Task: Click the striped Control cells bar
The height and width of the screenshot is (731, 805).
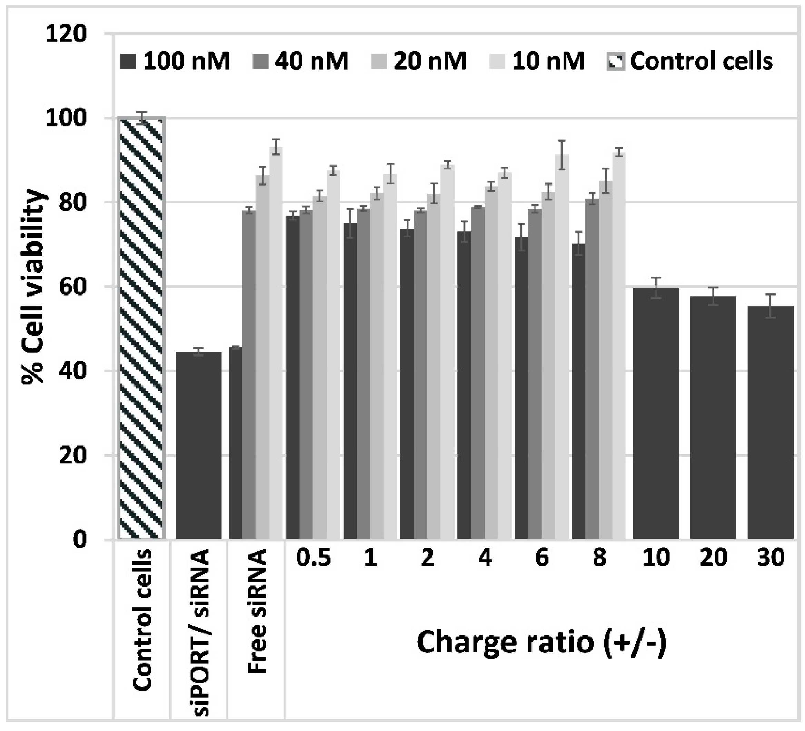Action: pos(142,327)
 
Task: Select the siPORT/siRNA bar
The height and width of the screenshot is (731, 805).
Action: pos(198,445)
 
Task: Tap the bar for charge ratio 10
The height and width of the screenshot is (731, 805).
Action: pos(656,413)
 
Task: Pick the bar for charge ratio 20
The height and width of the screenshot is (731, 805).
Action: pos(713,417)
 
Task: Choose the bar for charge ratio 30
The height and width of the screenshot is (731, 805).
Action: pos(770,422)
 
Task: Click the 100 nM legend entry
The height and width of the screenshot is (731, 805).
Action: pos(175,61)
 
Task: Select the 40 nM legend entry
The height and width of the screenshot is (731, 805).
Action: pos(301,61)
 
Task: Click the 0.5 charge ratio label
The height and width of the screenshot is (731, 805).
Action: pos(314,558)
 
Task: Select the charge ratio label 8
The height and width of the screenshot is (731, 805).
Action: pos(599,558)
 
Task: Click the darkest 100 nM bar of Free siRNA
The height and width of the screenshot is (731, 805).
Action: pos(236,443)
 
